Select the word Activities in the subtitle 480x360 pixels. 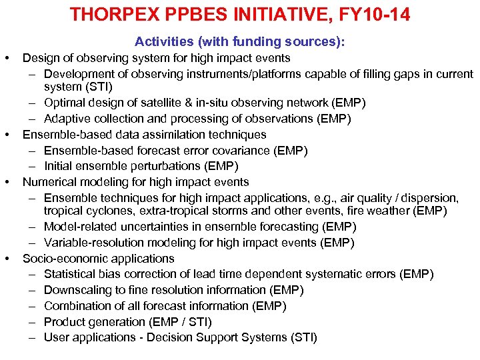pos(162,42)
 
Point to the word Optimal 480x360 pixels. pos(65,103)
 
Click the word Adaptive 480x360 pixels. pos(68,119)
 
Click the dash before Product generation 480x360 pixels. pos(32,322)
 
